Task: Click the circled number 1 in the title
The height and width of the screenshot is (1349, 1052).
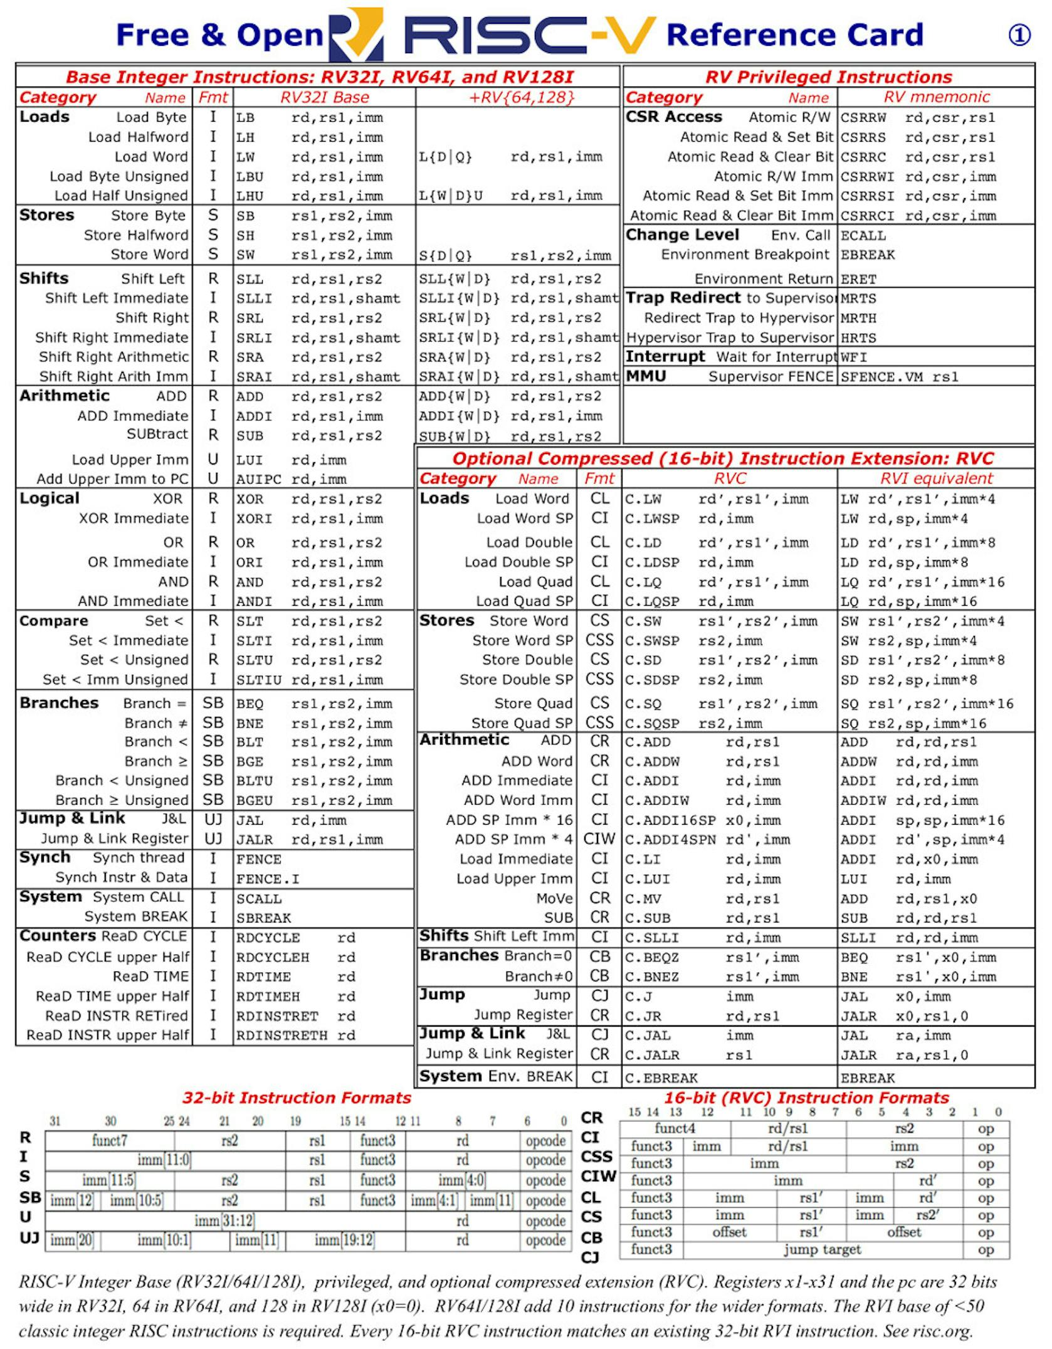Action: pyautogui.click(x=1019, y=35)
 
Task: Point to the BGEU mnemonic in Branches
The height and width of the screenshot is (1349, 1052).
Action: pyautogui.click(x=254, y=801)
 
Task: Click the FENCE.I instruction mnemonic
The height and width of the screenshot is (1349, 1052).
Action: pyautogui.click(x=267, y=879)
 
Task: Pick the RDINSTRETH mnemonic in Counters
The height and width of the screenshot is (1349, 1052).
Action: pyautogui.click(x=281, y=1036)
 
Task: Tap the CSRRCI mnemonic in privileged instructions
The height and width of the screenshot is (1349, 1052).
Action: pyautogui.click(x=867, y=216)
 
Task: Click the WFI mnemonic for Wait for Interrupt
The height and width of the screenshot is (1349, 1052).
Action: pyautogui.click(x=853, y=357)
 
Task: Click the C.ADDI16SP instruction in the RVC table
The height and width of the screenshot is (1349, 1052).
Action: pyautogui.click(x=670, y=821)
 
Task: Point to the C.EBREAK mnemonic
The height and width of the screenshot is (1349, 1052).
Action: pyautogui.click(x=661, y=1078)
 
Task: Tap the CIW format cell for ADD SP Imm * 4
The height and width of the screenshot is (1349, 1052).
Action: pyautogui.click(x=599, y=839)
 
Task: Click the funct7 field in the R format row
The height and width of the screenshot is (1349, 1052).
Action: pyautogui.click(x=110, y=1140)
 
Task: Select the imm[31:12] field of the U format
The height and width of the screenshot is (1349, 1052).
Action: pyautogui.click(x=224, y=1220)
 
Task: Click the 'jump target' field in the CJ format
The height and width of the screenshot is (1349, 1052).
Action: pyautogui.click(x=822, y=1250)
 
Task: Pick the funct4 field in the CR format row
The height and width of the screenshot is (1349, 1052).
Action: pyautogui.click(x=675, y=1128)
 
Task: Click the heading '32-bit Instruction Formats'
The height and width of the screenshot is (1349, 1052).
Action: pyautogui.click(x=297, y=1098)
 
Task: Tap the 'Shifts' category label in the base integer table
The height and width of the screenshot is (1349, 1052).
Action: pyautogui.click(x=44, y=278)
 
